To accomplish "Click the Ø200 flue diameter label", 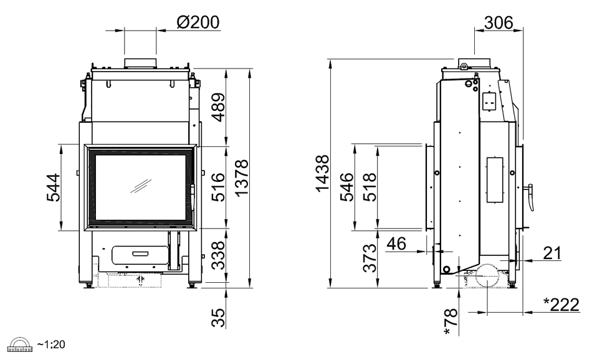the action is click(x=198, y=22).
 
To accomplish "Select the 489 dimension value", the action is click(x=218, y=108).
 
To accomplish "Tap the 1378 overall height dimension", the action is click(x=241, y=178).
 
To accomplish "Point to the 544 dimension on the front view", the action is click(x=53, y=187).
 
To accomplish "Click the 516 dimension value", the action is click(x=218, y=187).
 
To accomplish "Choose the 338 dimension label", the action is click(x=218, y=255).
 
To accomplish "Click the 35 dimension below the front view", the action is click(x=218, y=318).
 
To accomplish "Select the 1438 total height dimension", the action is click(x=322, y=173).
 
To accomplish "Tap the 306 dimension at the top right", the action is click(x=499, y=22).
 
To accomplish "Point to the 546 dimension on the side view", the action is click(x=346, y=187).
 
